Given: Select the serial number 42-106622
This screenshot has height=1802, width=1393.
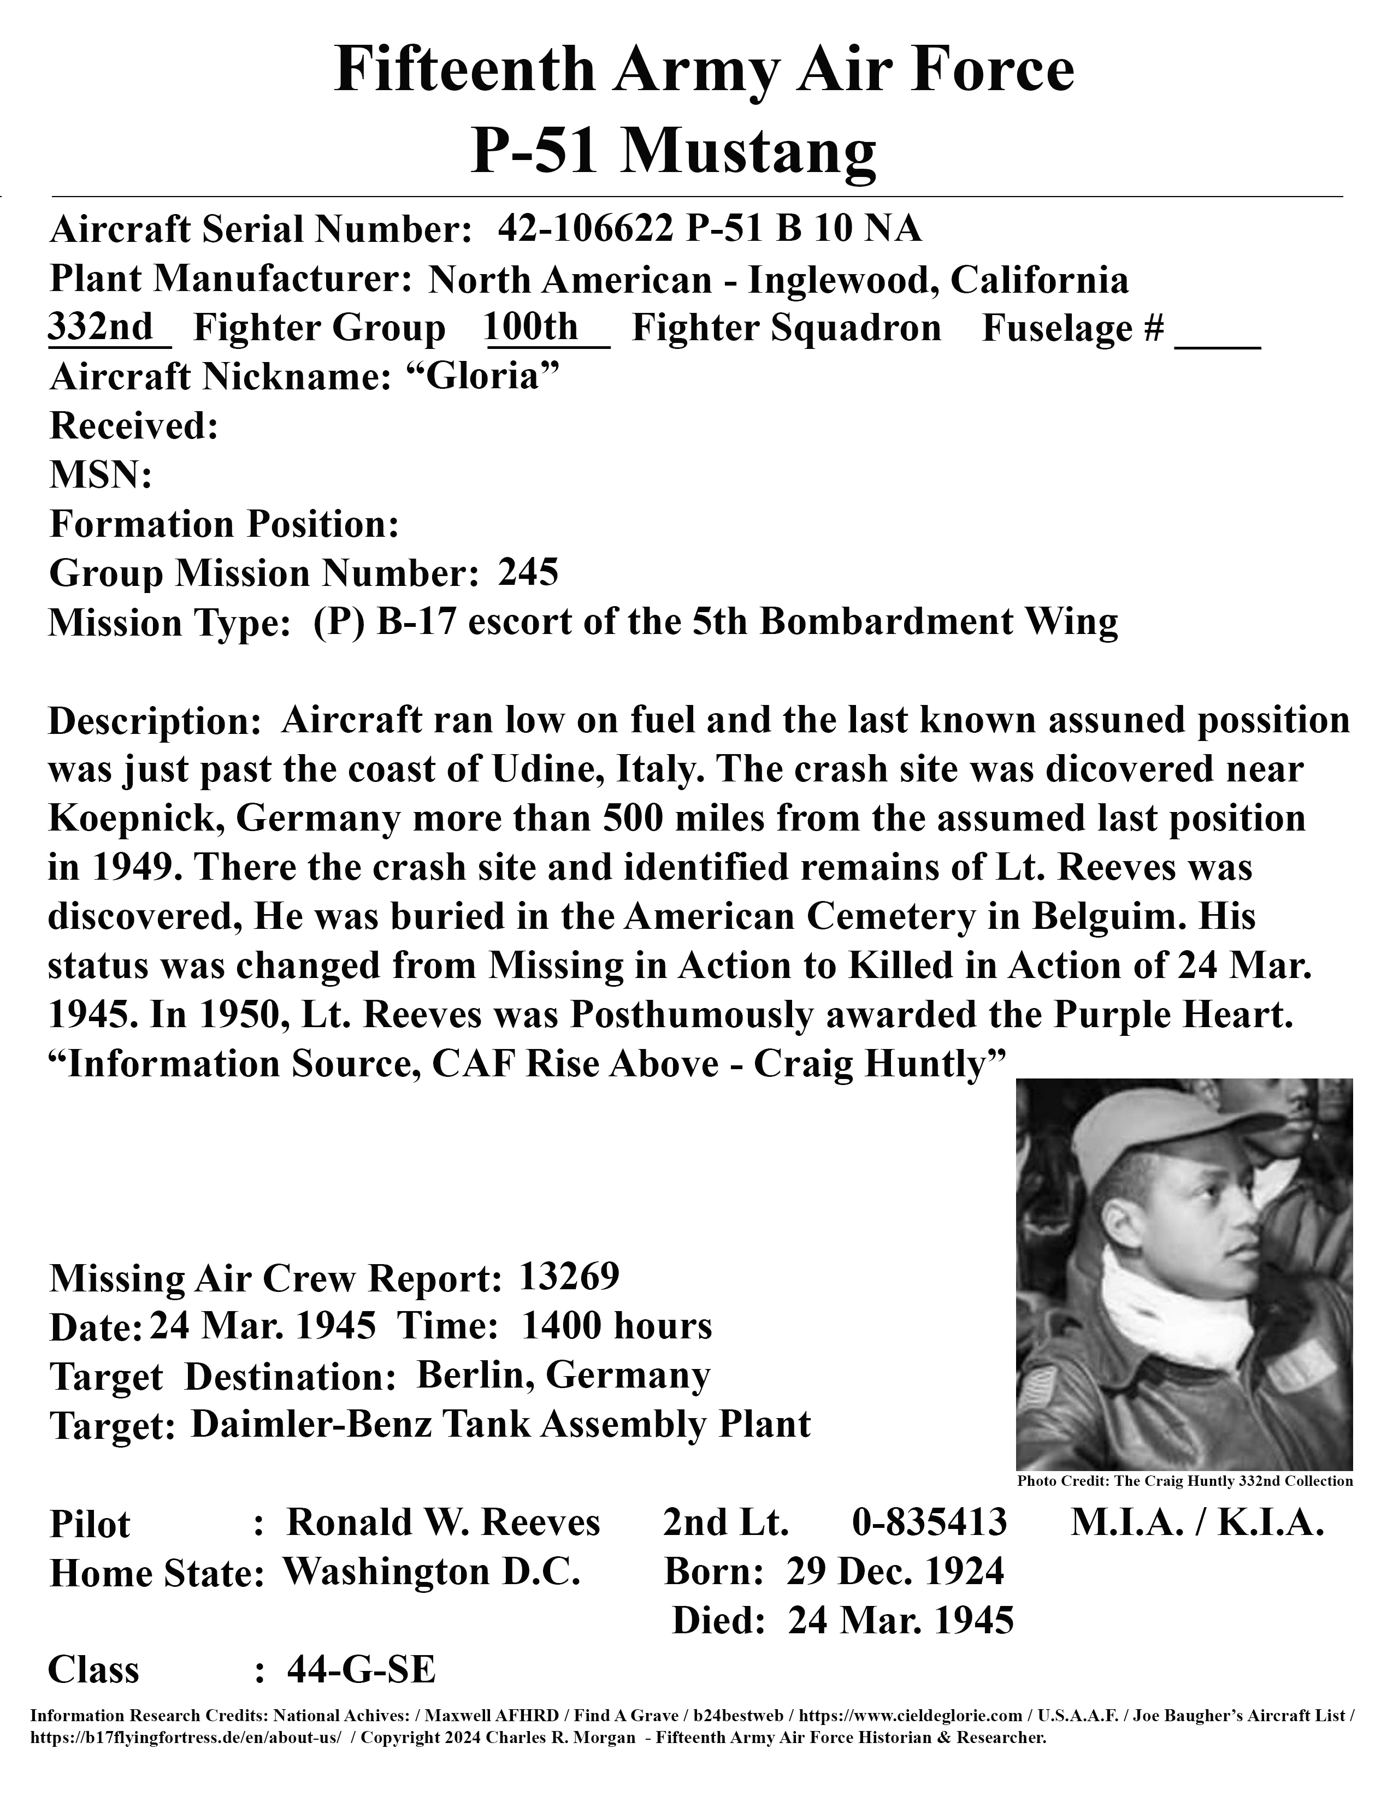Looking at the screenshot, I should point(585,229).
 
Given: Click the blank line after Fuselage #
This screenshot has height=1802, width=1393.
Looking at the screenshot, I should point(1217,339).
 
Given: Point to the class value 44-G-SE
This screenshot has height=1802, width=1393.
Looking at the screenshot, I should point(361,1669).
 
